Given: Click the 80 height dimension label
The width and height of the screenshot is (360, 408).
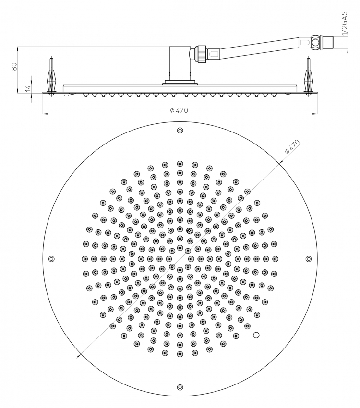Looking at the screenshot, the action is pos(14,66).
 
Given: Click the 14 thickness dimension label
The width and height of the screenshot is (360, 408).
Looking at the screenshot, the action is pos(28,88).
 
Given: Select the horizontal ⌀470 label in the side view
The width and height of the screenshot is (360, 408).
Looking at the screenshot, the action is pos(179,110).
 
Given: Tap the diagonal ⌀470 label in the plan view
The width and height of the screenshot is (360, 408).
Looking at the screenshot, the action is pos(292,147).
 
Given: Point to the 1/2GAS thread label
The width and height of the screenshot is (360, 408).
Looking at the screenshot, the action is pos(344,23).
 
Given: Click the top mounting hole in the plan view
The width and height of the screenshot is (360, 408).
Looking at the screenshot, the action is pos(180,131).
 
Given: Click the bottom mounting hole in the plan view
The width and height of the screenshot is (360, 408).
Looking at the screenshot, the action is pos(180,387).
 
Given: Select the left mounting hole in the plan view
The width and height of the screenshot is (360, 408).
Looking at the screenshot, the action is pos(51,259).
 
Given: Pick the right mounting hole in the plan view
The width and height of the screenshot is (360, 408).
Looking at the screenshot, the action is pos(309,259).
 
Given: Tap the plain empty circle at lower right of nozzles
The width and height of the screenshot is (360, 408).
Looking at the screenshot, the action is pos(256,335).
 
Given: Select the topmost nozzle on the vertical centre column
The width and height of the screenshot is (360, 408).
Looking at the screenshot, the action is pos(180,164).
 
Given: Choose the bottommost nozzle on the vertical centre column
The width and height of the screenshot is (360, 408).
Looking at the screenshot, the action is pos(180,354).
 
